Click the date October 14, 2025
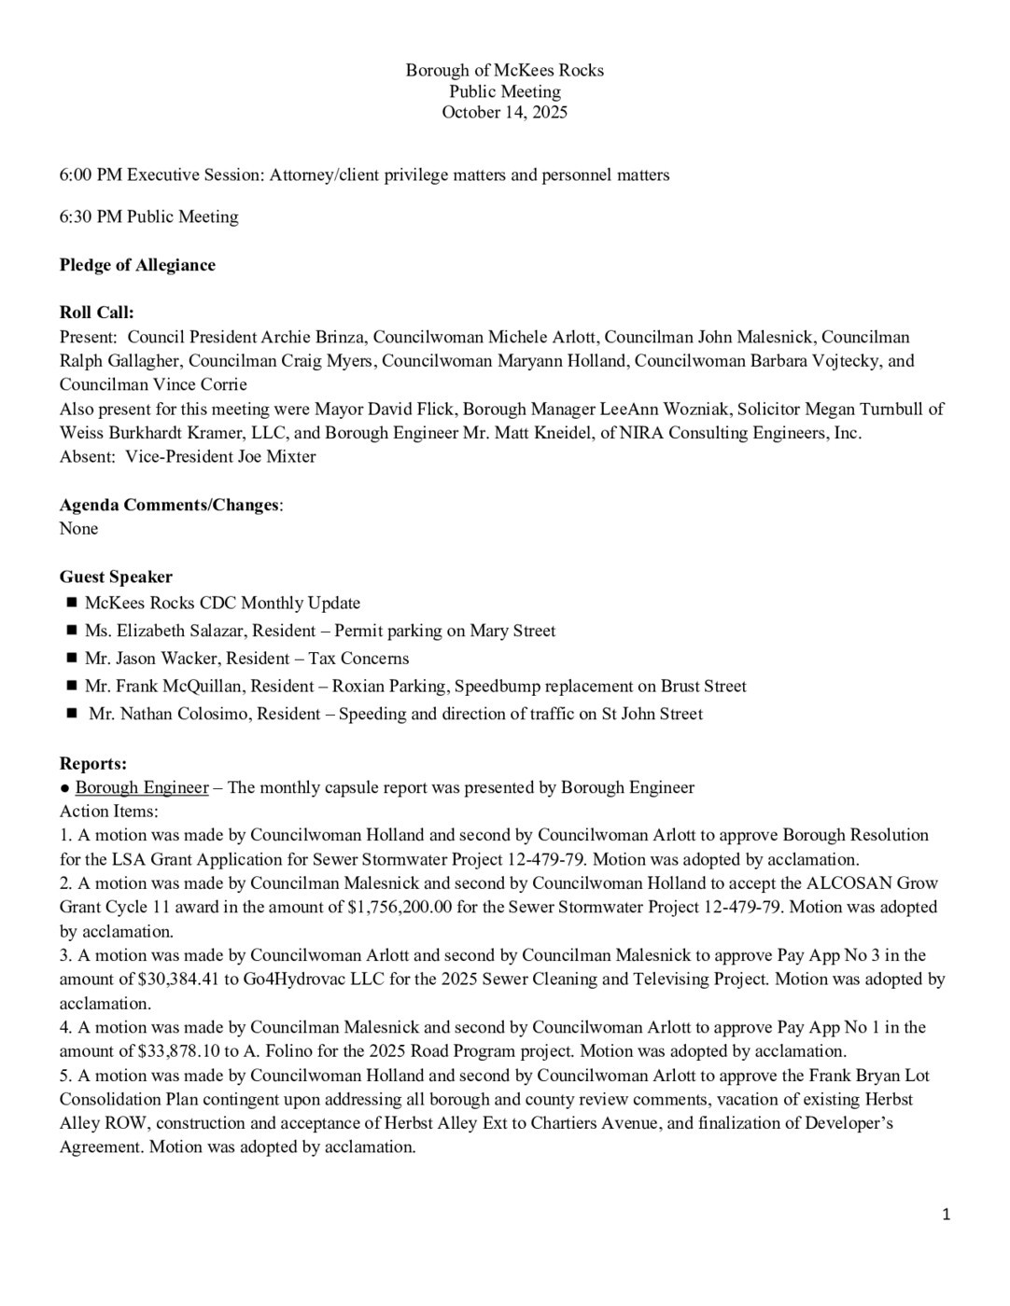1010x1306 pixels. click(504, 113)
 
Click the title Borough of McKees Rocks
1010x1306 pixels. click(504, 71)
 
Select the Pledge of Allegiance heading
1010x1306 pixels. click(137, 265)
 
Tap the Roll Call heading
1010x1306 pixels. click(97, 313)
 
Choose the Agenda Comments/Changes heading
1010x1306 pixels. click(170, 505)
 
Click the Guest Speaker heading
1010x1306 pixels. click(116, 577)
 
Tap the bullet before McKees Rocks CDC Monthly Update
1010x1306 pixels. click(71, 603)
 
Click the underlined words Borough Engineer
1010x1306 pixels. click(142, 787)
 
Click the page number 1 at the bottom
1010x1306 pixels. click(947, 1214)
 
